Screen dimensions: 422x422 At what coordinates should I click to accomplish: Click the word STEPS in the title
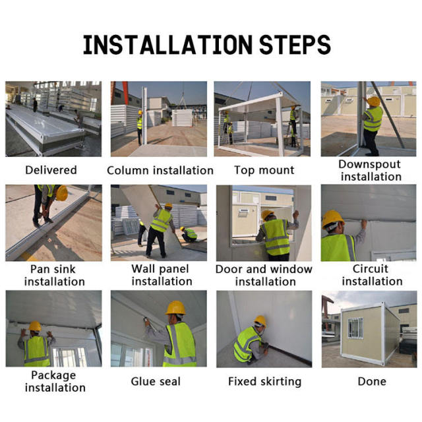[295, 44]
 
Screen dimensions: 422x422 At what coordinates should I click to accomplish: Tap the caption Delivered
[51, 170]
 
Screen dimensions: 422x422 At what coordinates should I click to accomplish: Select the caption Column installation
[160, 170]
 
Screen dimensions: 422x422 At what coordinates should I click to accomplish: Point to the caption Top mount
[264, 170]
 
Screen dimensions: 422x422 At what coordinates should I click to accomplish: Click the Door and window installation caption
[264, 275]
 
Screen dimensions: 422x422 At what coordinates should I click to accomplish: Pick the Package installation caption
[53, 381]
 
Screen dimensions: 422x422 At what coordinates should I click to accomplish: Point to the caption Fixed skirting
[264, 381]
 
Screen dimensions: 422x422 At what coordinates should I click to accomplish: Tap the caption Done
[371, 381]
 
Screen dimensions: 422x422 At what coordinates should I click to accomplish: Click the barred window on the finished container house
[355, 328]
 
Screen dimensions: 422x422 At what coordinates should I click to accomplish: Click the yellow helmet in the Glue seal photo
[175, 308]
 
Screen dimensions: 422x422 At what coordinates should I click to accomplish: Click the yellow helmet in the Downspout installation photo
[374, 101]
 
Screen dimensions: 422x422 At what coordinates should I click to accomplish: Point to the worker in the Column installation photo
[140, 123]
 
